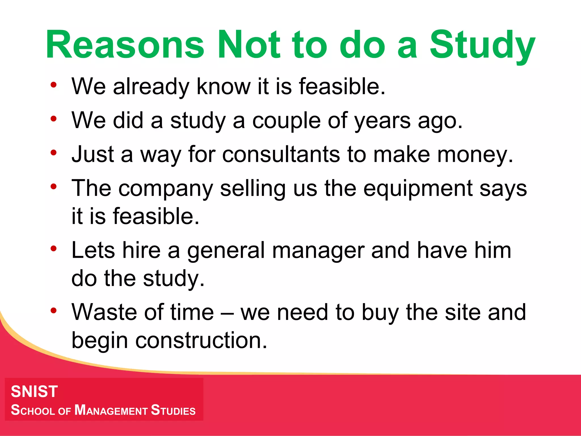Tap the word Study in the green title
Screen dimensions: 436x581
tap(482, 45)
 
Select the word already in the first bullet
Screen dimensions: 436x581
tap(151, 87)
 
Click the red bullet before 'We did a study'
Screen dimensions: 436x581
tap(54, 119)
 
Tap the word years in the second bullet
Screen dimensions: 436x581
tap(382, 121)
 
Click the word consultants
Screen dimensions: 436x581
tap(281, 155)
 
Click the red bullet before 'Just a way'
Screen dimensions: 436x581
tap(54, 153)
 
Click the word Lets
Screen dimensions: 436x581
tap(93, 250)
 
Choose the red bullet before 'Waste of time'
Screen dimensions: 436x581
tap(54, 311)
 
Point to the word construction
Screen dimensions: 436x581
tap(201, 340)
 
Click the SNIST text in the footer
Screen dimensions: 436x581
tap(34, 391)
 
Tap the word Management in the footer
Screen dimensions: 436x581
tap(111, 410)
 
